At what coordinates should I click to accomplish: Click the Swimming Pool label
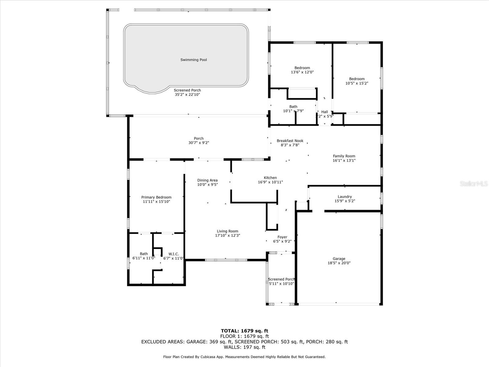[x=193, y=60]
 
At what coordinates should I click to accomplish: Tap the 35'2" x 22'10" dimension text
[x=187, y=95]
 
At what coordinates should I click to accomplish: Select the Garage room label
[x=339, y=259]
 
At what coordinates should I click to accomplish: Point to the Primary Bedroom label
[x=156, y=198]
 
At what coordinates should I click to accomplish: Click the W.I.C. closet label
[x=174, y=254]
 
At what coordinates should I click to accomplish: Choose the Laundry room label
[x=345, y=197]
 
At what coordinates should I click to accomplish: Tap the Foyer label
[x=282, y=237]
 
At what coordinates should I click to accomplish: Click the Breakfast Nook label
[x=290, y=141]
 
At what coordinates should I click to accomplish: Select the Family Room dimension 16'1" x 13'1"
[x=344, y=161]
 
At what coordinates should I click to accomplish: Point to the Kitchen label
[x=270, y=178]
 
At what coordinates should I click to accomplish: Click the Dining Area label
[x=208, y=180]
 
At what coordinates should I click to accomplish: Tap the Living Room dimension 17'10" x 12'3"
[x=227, y=235]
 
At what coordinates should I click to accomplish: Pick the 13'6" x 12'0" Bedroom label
[x=302, y=68]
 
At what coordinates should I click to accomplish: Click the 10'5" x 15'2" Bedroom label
[x=357, y=79]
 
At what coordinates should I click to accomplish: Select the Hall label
[x=325, y=112]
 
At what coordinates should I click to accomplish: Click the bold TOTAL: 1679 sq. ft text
[x=244, y=331]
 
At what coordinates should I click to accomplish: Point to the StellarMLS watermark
[x=474, y=183]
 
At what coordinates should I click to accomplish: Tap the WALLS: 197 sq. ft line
[x=244, y=347]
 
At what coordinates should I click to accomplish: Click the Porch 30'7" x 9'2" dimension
[x=199, y=143]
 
